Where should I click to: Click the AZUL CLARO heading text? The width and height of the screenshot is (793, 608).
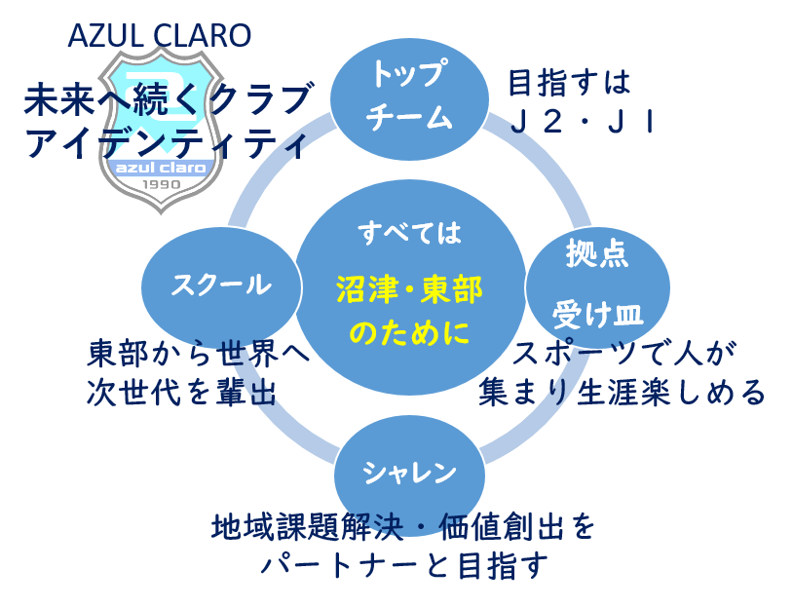pyautogui.click(x=160, y=37)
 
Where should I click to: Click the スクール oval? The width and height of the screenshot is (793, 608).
pyautogui.click(x=219, y=285)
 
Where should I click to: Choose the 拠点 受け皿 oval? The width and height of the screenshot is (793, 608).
pyautogui.click(x=597, y=283)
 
